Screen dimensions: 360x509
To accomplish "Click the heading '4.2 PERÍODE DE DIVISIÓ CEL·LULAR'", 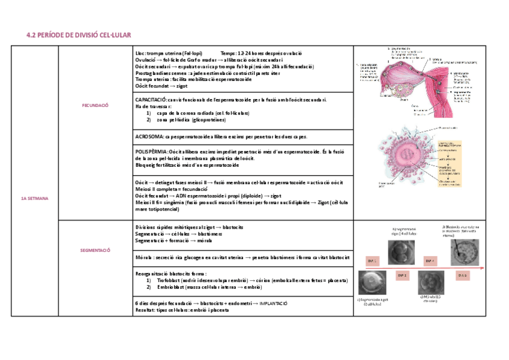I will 79,35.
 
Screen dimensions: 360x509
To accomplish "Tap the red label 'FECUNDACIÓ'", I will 95,105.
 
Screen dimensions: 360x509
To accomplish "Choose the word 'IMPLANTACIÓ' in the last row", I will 274,304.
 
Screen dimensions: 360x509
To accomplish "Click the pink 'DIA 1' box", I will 372,261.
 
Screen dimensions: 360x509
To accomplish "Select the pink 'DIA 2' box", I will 402,275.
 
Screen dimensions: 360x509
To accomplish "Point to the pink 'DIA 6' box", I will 462,275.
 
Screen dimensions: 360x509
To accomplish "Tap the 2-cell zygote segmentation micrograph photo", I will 372,283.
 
